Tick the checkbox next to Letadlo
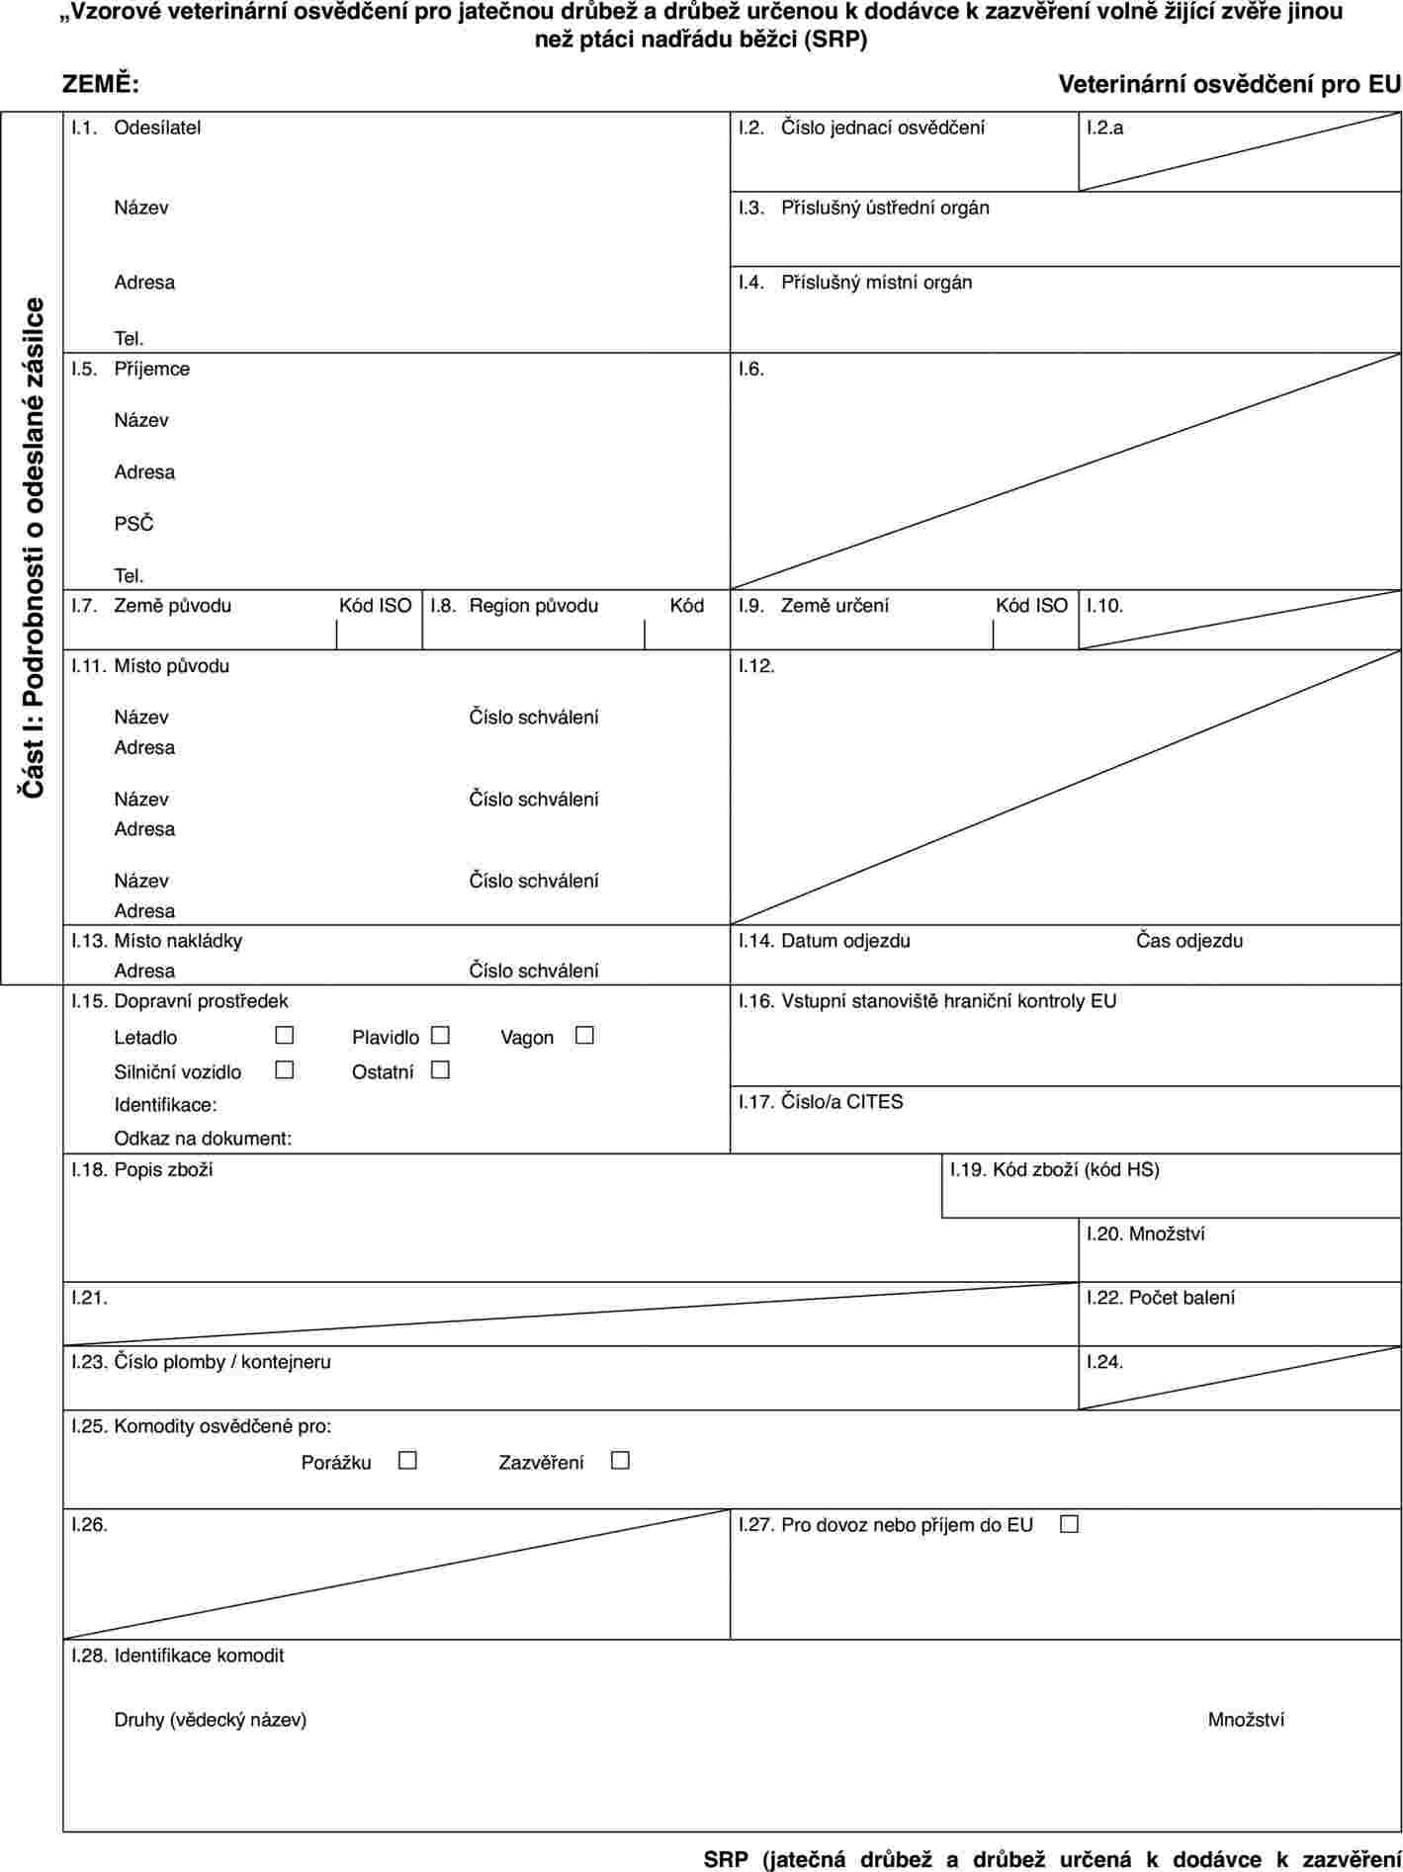tap(285, 1037)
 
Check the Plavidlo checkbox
tap(441, 1037)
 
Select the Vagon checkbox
tap(584, 1037)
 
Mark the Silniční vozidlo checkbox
tap(285, 1070)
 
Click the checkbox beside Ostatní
tap(441, 1070)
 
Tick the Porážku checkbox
tap(408, 1461)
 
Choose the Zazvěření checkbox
tap(620, 1461)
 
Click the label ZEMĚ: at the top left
tap(101, 85)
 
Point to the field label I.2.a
tap(1104, 128)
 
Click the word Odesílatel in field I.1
tap(157, 128)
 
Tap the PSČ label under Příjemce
tap(134, 524)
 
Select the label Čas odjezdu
tap(1188, 941)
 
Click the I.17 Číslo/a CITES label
tap(821, 1101)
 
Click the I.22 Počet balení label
tap(1160, 1298)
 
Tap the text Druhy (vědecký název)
tap(211, 1720)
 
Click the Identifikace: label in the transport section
tap(166, 1105)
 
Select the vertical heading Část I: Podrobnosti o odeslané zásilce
tap(33, 549)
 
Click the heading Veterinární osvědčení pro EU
tap(1229, 85)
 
